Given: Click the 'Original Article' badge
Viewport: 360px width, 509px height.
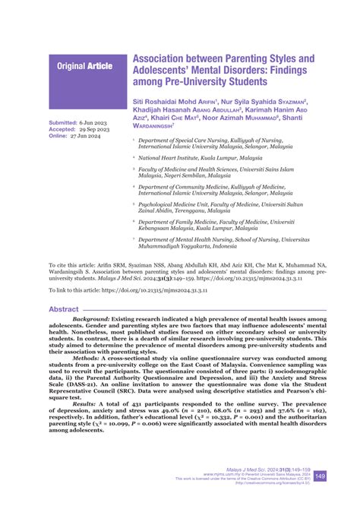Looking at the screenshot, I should pyautogui.click(x=84, y=66).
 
